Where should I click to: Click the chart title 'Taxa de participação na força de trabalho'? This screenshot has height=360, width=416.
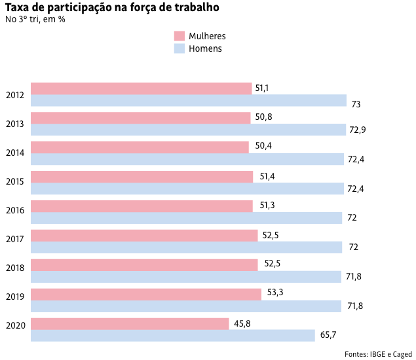coord(111,8)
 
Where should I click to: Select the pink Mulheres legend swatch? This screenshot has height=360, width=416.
coord(179,36)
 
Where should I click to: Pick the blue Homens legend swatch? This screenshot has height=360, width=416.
coord(179,48)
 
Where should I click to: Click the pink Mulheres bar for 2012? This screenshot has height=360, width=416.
coord(141,88)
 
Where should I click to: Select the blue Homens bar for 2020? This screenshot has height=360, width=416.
coord(173,336)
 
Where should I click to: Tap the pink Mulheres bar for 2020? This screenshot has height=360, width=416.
coord(130,324)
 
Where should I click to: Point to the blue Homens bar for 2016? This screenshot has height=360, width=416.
coord(186,218)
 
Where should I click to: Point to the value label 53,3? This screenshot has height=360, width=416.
coord(276,294)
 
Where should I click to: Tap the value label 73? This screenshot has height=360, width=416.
coord(356,104)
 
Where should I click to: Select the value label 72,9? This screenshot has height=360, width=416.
coord(357,130)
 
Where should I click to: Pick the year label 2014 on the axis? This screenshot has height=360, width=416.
coord(14,153)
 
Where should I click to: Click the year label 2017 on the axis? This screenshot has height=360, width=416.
coord(14,240)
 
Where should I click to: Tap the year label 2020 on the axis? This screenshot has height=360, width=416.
coord(14,325)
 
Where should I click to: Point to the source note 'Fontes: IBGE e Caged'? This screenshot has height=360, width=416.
coord(378,353)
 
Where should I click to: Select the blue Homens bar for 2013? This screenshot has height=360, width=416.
coord(188,130)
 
